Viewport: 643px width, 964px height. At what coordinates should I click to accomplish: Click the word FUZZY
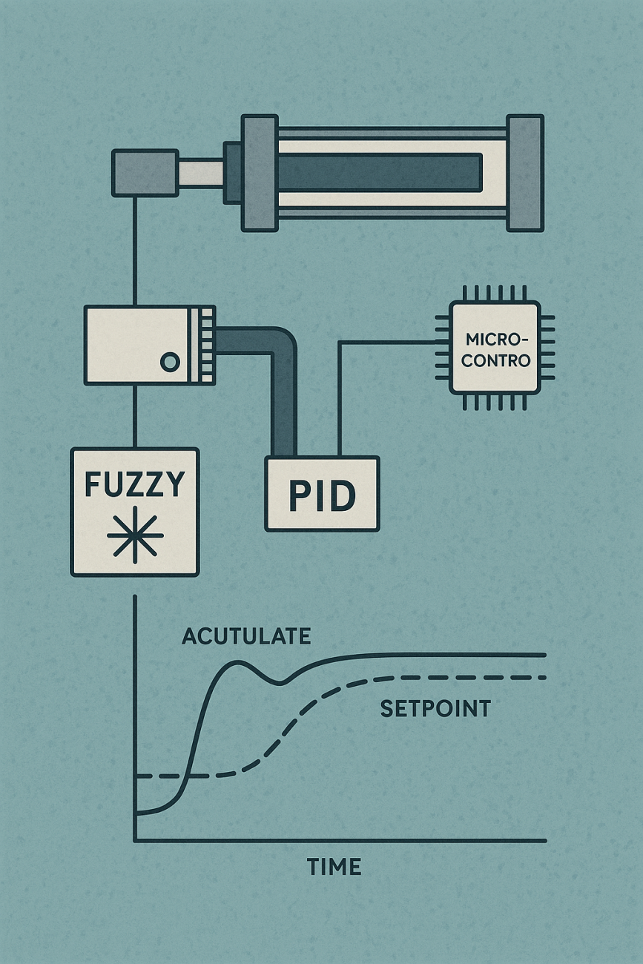pos(134,484)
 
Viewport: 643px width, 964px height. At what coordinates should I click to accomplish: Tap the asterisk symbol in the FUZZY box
pos(134,536)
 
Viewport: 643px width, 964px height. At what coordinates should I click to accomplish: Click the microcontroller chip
pos(495,347)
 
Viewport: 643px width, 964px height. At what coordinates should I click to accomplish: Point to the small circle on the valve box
pos(169,363)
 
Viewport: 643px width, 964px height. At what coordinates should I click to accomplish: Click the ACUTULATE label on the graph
pos(245,636)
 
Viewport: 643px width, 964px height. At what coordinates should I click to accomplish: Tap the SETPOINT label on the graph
pos(435,709)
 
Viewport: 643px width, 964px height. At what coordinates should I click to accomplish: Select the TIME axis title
pos(334,866)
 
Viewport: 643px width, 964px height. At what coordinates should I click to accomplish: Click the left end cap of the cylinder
pos(260,173)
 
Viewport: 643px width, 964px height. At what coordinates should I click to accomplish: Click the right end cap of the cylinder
pos(525,173)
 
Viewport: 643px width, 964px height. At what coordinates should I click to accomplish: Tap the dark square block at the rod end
pos(145,173)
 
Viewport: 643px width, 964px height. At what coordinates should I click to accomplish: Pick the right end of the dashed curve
pos(544,677)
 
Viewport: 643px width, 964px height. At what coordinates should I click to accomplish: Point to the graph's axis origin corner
pos(135,840)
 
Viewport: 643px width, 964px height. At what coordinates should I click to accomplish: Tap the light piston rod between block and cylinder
pos(201,173)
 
